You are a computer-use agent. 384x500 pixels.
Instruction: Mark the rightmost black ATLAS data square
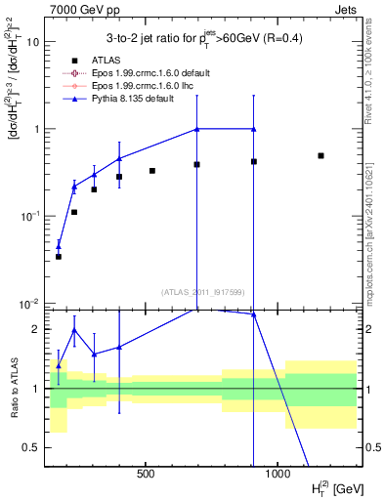click(320, 155)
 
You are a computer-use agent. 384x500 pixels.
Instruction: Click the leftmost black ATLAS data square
click(58, 256)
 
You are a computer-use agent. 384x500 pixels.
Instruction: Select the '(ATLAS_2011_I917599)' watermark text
click(201, 291)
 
